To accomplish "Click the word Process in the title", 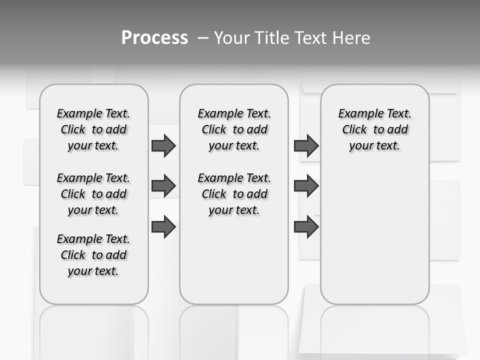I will [154, 38].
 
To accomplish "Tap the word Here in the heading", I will [351, 38].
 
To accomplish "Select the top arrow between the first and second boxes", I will [163, 145].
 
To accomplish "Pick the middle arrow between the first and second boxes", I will [163, 186].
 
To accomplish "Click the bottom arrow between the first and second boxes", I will [163, 227].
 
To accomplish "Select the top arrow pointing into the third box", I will [306, 145].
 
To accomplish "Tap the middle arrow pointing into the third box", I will [306, 186].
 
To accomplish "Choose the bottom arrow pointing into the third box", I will [306, 227].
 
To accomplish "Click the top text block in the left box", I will [93, 129].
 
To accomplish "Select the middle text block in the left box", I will [93, 194].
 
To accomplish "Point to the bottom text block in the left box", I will [93, 255].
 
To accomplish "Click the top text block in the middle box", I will [234, 129].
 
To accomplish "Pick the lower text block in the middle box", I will [234, 194].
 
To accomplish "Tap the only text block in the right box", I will [374, 129].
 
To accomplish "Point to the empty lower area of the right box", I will [374, 230].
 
